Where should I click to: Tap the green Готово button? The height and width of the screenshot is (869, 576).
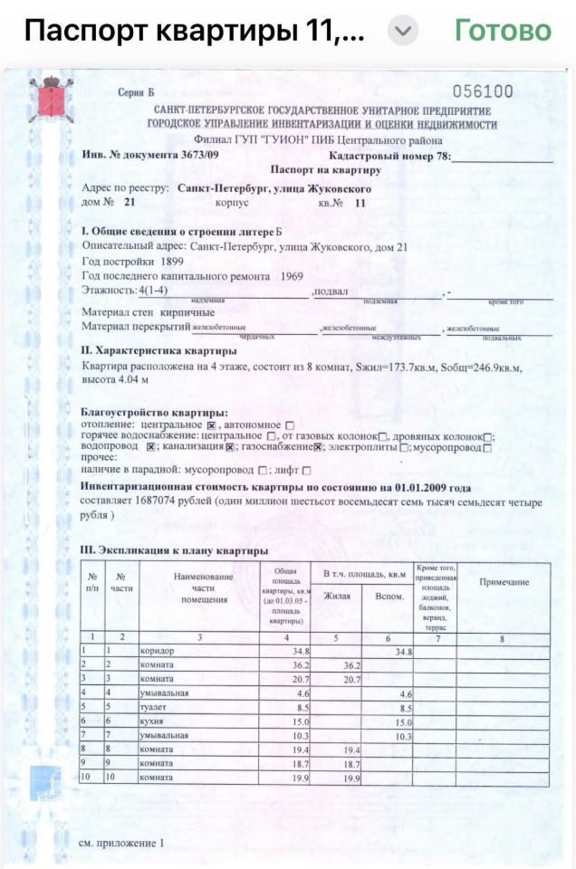pyautogui.click(x=503, y=31)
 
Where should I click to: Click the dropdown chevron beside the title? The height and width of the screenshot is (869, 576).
pyautogui.click(x=403, y=32)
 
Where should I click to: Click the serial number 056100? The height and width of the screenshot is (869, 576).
pyautogui.click(x=482, y=91)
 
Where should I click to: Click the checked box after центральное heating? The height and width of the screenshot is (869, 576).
pyautogui.click(x=211, y=424)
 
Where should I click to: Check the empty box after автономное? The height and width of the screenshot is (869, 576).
pyautogui.click(x=290, y=424)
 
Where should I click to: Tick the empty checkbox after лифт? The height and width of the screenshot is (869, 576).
pyautogui.click(x=306, y=471)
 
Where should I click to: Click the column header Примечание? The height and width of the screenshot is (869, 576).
pyautogui.click(x=504, y=582)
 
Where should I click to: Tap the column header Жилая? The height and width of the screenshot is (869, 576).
pyautogui.click(x=336, y=596)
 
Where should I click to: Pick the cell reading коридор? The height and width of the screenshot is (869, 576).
pyautogui.click(x=158, y=651)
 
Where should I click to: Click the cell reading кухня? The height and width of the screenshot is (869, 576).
pyautogui.click(x=153, y=721)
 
